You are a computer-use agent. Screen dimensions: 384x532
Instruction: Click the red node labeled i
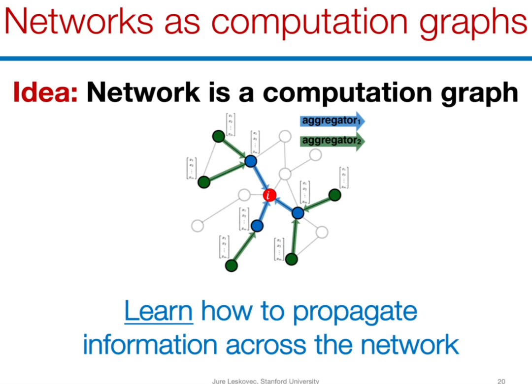click(268, 195)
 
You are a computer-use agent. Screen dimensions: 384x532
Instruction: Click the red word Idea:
click(45, 92)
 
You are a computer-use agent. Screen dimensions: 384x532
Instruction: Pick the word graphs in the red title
click(474, 24)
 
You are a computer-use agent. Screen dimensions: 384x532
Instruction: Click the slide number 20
click(501, 381)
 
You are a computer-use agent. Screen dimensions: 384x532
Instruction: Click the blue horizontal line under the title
click(266, 59)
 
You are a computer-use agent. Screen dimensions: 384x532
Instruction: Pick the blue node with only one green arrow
click(257, 226)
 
